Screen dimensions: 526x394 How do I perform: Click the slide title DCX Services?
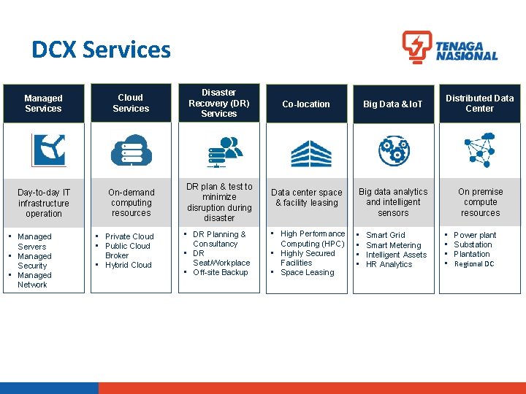(101, 50)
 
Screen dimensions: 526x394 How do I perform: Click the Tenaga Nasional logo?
(449, 47)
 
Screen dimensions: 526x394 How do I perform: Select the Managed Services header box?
(43, 104)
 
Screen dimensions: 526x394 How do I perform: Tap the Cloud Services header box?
(131, 103)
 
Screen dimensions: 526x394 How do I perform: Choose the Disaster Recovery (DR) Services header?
(218, 103)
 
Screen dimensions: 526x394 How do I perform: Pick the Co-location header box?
(306, 104)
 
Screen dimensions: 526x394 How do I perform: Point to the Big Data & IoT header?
(393, 104)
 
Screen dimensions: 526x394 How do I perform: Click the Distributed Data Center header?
(480, 103)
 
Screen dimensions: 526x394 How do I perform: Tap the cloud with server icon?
(131, 150)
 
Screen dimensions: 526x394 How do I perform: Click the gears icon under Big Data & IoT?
(394, 150)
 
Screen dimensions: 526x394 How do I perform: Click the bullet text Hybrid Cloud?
(129, 265)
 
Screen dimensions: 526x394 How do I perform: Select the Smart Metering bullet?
(393, 245)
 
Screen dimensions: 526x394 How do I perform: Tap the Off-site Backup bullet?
(220, 272)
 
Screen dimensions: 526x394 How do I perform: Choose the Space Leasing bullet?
(307, 272)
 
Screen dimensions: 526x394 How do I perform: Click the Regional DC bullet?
(473, 264)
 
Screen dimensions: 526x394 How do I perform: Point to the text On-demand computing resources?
(131, 203)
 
